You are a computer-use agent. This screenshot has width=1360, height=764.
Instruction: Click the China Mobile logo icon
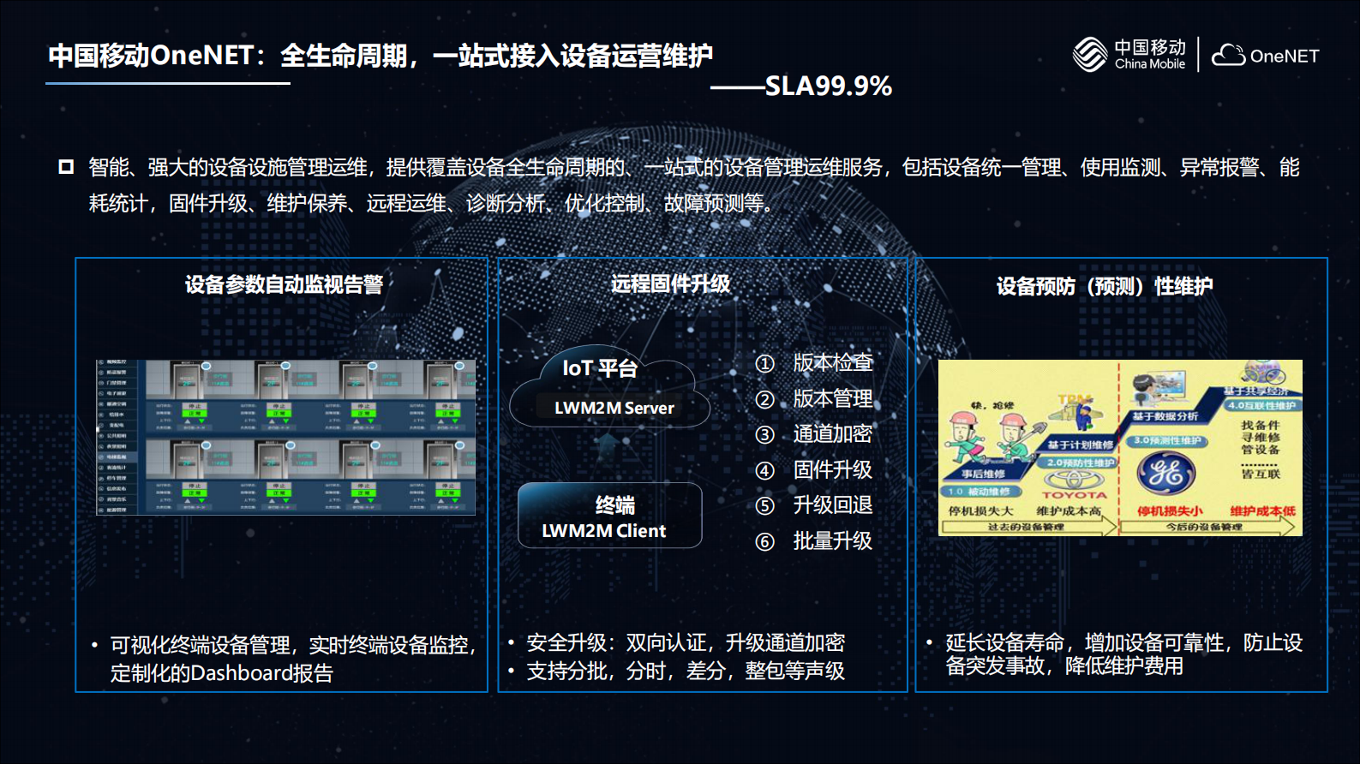pyautogui.click(x=1090, y=55)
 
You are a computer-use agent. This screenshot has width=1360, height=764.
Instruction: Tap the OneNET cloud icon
pyautogui.click(x=1228, y=55)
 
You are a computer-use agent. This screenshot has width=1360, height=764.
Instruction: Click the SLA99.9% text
pyautogui.click(x=828, y=86)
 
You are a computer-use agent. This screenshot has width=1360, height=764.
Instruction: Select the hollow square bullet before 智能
pyautogui.click(x=66, y=166)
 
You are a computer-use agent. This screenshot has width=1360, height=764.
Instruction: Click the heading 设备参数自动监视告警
pyautogui.click(x=284, y=284)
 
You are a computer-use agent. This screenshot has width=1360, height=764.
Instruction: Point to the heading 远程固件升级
pyautogui.click(x=670, y=284)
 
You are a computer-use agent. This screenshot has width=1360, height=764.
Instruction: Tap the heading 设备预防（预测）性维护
pyautogui.click(x=1104, y=286)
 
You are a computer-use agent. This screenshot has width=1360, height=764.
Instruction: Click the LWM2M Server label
pyautogui.click(x=614, y=408)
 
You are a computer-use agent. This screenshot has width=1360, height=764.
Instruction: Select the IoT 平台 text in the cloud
pyautogui.click(x=600, y=368)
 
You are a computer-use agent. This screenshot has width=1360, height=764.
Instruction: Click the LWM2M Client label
pyautogui.click(x=603, y=531)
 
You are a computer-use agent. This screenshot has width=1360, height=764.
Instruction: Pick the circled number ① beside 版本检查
pyautogui.click(x=764, y=364)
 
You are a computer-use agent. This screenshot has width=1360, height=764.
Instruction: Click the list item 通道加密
pyautogui.click(x=832, y=434)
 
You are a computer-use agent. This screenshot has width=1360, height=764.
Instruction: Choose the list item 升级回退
pyautogui.click(x=832, y=505)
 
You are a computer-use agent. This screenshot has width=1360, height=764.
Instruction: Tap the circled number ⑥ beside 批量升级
pyautogui.click(x=764, y=542)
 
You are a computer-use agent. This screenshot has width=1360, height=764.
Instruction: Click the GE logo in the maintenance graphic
pyautogui.click(x=1165, y=472)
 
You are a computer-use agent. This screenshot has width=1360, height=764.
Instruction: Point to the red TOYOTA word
pyautogui.click(x=1074, y=495)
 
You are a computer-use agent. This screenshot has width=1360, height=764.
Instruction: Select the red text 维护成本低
pyautogui.click(x=1262, y=511)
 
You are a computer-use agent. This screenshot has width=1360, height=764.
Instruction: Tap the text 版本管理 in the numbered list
pyautogui.click(x=832, y=398)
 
